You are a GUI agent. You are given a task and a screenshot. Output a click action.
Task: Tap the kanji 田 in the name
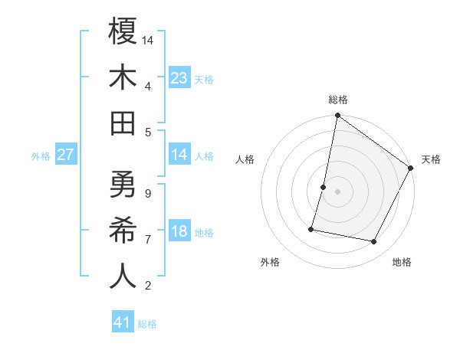[123, 123]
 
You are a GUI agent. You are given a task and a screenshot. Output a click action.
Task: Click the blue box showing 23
[179, 78]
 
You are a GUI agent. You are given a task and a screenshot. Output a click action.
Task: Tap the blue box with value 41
[123, 322]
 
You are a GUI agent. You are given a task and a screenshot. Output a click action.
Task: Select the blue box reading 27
[66, 155]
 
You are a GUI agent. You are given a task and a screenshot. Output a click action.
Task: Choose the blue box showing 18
[179, 232]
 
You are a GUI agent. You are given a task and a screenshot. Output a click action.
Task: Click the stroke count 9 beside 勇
[147, 193]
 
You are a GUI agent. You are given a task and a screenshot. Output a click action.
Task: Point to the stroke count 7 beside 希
[147, 240]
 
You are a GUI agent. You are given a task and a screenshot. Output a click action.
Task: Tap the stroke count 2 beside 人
[147, 286]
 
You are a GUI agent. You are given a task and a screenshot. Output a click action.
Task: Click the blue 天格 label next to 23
[204, 80]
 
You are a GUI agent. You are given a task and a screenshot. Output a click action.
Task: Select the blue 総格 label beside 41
[147, 324]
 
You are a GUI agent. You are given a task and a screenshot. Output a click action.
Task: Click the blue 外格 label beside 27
[41, 156]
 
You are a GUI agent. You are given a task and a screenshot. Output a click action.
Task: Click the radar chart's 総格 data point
[337, 116]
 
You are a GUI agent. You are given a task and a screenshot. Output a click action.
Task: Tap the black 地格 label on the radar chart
[402, 263]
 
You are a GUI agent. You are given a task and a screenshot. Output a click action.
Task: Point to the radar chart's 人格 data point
[324, 187]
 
